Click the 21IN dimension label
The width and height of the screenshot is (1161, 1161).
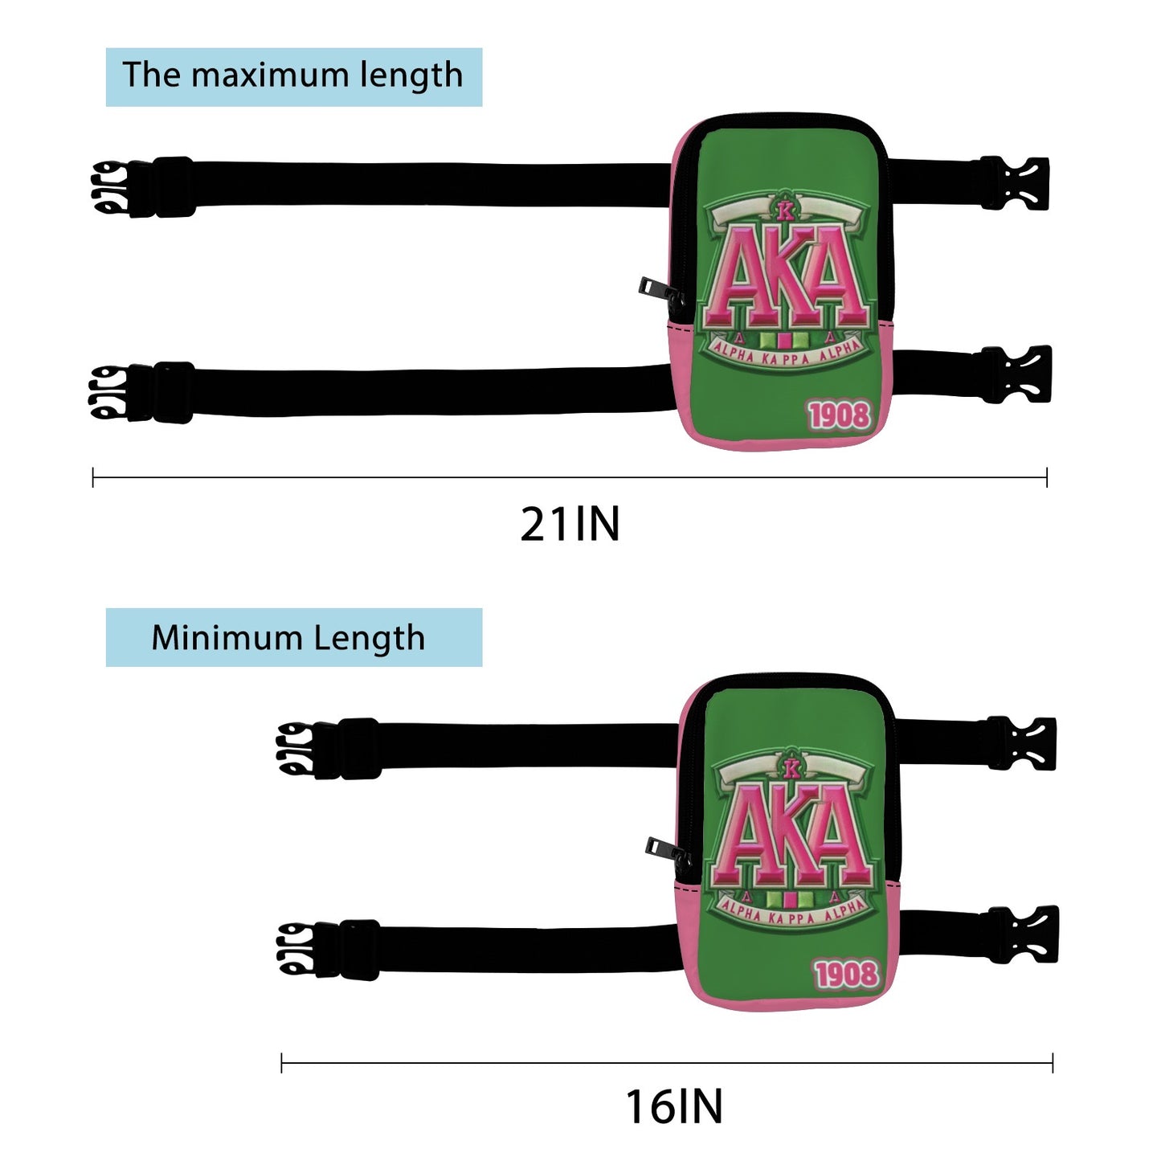click(x=570, y=524)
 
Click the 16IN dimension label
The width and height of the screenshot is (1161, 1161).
click(x=673, y=1106)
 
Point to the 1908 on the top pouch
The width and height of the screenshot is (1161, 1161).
click(x=840, y=415)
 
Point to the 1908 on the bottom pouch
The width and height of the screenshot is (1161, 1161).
click(x=846, y=975)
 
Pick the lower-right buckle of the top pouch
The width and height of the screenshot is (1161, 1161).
click(x=1017, y=375)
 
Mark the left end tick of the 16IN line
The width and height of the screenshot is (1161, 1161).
click(x=281, y=1063)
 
